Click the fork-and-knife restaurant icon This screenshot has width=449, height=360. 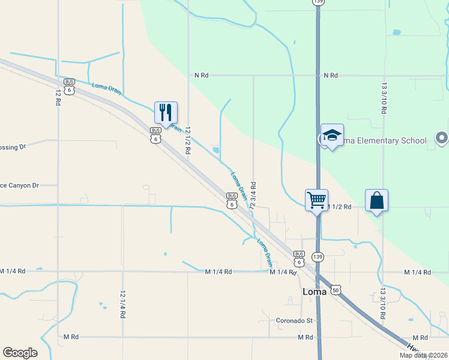(x=166, y=112)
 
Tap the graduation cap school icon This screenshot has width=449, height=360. (x=332, y=136)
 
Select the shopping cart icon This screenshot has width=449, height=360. (x=316, y=199)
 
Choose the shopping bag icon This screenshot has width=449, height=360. (x=376, y=200)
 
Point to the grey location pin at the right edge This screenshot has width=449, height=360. (x=442, y=139)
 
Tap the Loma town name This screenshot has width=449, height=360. (x=314, y=292)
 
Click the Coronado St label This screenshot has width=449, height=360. (x=295, y=320)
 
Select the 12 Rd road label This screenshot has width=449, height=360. (x=58, y=97)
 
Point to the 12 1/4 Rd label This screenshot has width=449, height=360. (x=122, y=304)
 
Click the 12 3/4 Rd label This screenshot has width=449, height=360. (x=254, y=196)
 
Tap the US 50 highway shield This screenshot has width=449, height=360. (x=336, y=290)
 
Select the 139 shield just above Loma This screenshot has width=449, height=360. (x=318, y=257)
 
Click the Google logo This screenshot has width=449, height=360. (x=20, y=352)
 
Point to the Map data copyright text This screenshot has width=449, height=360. (x=423, y=355)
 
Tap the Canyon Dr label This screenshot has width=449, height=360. (x=19, y=185)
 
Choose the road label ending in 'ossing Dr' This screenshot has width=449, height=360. (x=13, y=146)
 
